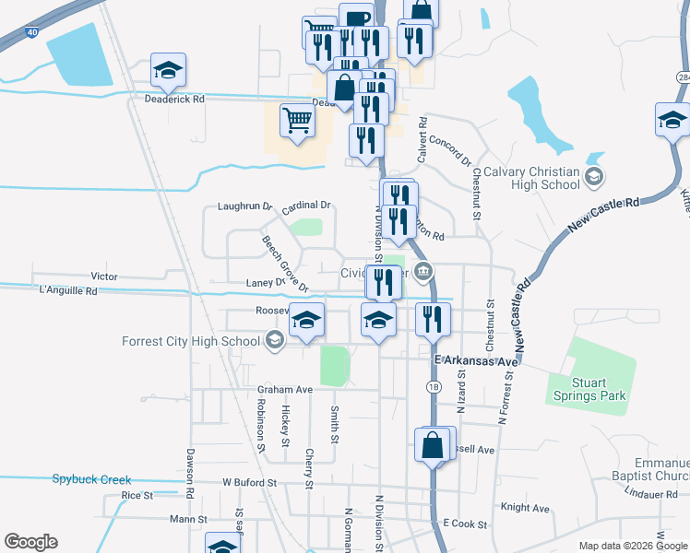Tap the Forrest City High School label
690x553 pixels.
click(191, 342)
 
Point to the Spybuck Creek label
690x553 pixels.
click(91, 479)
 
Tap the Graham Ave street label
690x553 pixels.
click(286, 389)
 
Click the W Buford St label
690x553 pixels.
click(249, 482)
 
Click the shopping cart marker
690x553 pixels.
click(297, 118)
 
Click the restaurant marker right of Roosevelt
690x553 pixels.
click(432, 319)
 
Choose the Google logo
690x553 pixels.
click(30, 542)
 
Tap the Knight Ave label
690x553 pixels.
click(524, 508)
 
